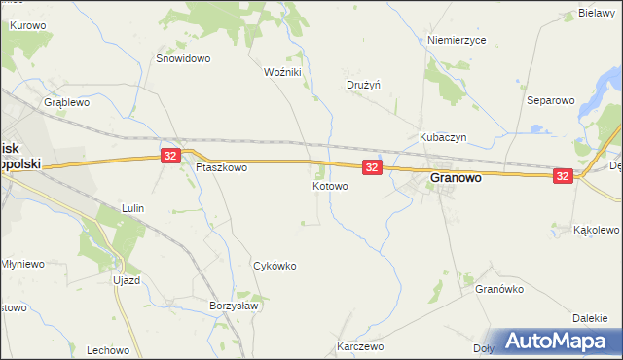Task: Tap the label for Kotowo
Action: [x=331, y=185]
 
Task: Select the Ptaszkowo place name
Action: [x=221, y=167]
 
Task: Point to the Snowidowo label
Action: [x=184, y=58]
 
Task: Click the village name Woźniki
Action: [x=283, y=72]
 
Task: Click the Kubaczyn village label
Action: [x=444, y=137]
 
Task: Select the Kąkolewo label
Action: [x=597, y=230]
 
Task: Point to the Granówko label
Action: [x=499, y=289]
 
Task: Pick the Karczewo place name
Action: [x=360, y=346]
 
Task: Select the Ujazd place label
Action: [x=128, y=279]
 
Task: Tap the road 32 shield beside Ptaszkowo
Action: [x=170, y=156]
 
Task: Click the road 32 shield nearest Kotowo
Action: [x=371, y=168]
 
